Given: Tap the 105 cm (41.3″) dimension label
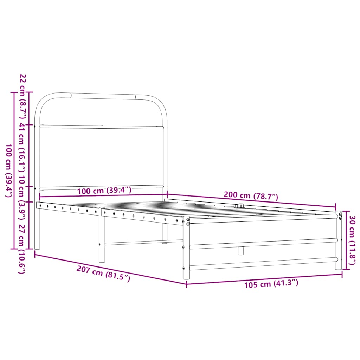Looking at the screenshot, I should pos(271,283).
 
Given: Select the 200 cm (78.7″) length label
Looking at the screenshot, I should pos(251,196).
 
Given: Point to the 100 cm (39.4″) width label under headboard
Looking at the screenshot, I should pos(104,191).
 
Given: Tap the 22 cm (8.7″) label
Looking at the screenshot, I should pos(22,91).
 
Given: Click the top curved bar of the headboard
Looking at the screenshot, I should pos(102,95).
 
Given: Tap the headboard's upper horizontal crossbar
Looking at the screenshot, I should pos(102,127).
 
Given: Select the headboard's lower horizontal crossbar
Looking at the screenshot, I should pos(102,187).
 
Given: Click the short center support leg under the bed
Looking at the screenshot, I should pos(240,250).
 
